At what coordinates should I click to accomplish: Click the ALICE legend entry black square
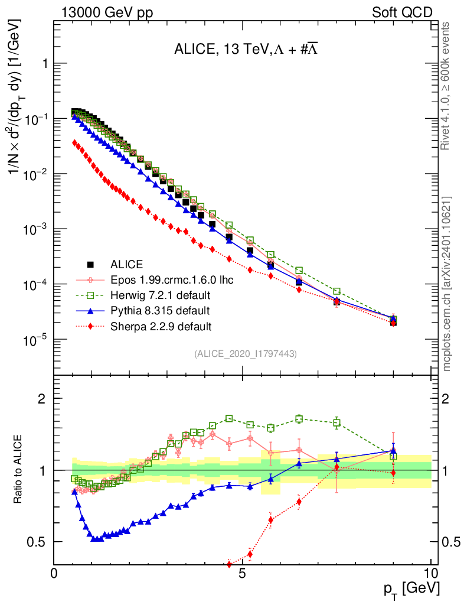pos(90,264)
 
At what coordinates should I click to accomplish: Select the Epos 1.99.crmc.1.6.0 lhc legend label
pos(172,279)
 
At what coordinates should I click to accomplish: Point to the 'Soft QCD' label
pos(403,12)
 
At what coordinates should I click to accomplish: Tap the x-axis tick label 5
pos(243,573)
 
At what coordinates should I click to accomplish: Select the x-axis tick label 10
pos(431,573)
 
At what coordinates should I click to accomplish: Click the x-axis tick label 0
pos(54,573)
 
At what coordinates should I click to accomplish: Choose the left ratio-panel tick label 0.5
pos(38,542)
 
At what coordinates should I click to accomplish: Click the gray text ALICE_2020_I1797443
pos(246,353)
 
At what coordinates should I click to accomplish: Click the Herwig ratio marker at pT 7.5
pos(336,422)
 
